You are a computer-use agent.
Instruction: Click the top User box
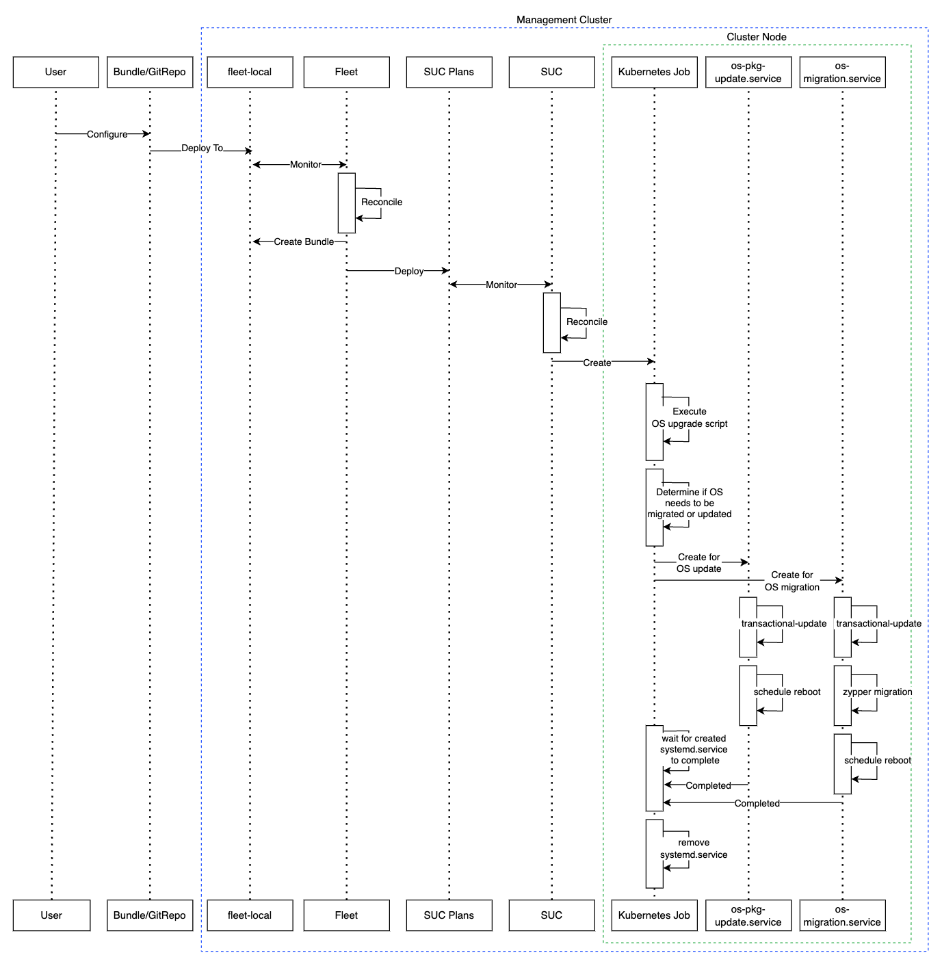pyautogui.click(x=55, y=72)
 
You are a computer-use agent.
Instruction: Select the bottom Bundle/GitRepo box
pyautogui.click(x=149, y=915)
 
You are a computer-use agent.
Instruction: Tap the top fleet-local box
pyautogui.click(x=250, y=72)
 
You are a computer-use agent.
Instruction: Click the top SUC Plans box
pyautogui.click(x=449, y=72)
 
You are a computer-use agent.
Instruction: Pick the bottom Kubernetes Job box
pyautogui.click(x=654, y=915)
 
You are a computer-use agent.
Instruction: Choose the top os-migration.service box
pyautogui.click(x=842, y=72)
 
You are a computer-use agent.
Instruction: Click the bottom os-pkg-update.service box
pyautogui.click(x=748, y=915)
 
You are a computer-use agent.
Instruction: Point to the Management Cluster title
pyautogui.click(x=564, y=20)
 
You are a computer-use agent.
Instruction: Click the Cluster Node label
pyautogui.click(x=756, y=37)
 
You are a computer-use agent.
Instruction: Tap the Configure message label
pyautogui.click(x=107, y=134)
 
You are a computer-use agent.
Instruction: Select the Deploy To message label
pyautogui.click(x=202, y=148)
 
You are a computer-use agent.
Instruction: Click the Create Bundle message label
pyautogui.click(x=304, y=241)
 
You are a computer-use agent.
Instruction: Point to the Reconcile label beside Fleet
pyautogui.click(x=382, y=202)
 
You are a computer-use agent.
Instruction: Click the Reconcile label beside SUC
pyautogui.click(x=586, y=322)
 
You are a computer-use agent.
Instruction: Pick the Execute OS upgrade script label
pyautogui.click(x=689, y=417)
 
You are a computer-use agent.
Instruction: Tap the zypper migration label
pyautogui.click(x=877, y=692)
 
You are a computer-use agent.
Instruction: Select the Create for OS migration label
pyautogui.click(x=792, y=581)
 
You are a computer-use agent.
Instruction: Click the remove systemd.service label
pyautogui.click(x=693, y=848)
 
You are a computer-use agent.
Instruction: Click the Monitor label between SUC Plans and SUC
pyautogui.click(x=501, y=285)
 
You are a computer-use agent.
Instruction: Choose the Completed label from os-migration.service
pyautogui.click(x=757, y=803)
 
